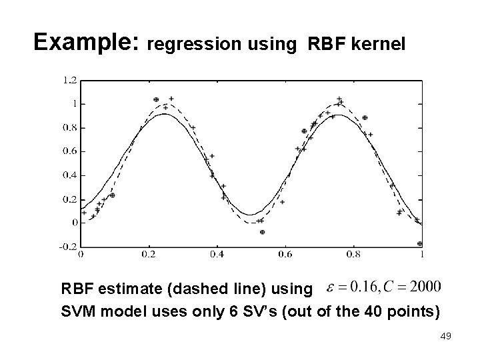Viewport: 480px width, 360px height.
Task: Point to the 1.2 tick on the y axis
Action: pyautogui.click(x=69, y=80)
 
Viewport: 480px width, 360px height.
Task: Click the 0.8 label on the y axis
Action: pyautogui.click(x=69, y=127)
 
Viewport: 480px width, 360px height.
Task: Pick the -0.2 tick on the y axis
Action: pyautogui.click(x=67, y=246)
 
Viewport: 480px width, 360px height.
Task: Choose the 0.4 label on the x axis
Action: pyautogui.click(x=217, y=254)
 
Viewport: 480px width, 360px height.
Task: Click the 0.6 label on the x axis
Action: pyautogui.click(x=285, y=254)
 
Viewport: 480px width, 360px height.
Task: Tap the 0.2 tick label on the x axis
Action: pyautogui.click(x=149, y=254)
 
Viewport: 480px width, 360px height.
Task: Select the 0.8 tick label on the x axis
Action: pyautogui.click(x=353, y=254)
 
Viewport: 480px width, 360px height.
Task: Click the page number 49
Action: pyautogui.click(x=446, y=337)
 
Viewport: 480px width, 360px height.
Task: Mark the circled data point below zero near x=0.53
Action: pyautogui.click(x=262, y=232)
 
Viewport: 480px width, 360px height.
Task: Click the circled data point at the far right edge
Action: pyautogui.click(x=419, y=244)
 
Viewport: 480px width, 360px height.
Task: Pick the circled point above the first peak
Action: pyautogui.click(x=157, y=99)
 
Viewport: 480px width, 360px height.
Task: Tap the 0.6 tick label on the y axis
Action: pyautogui.click(x=69, y=151)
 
